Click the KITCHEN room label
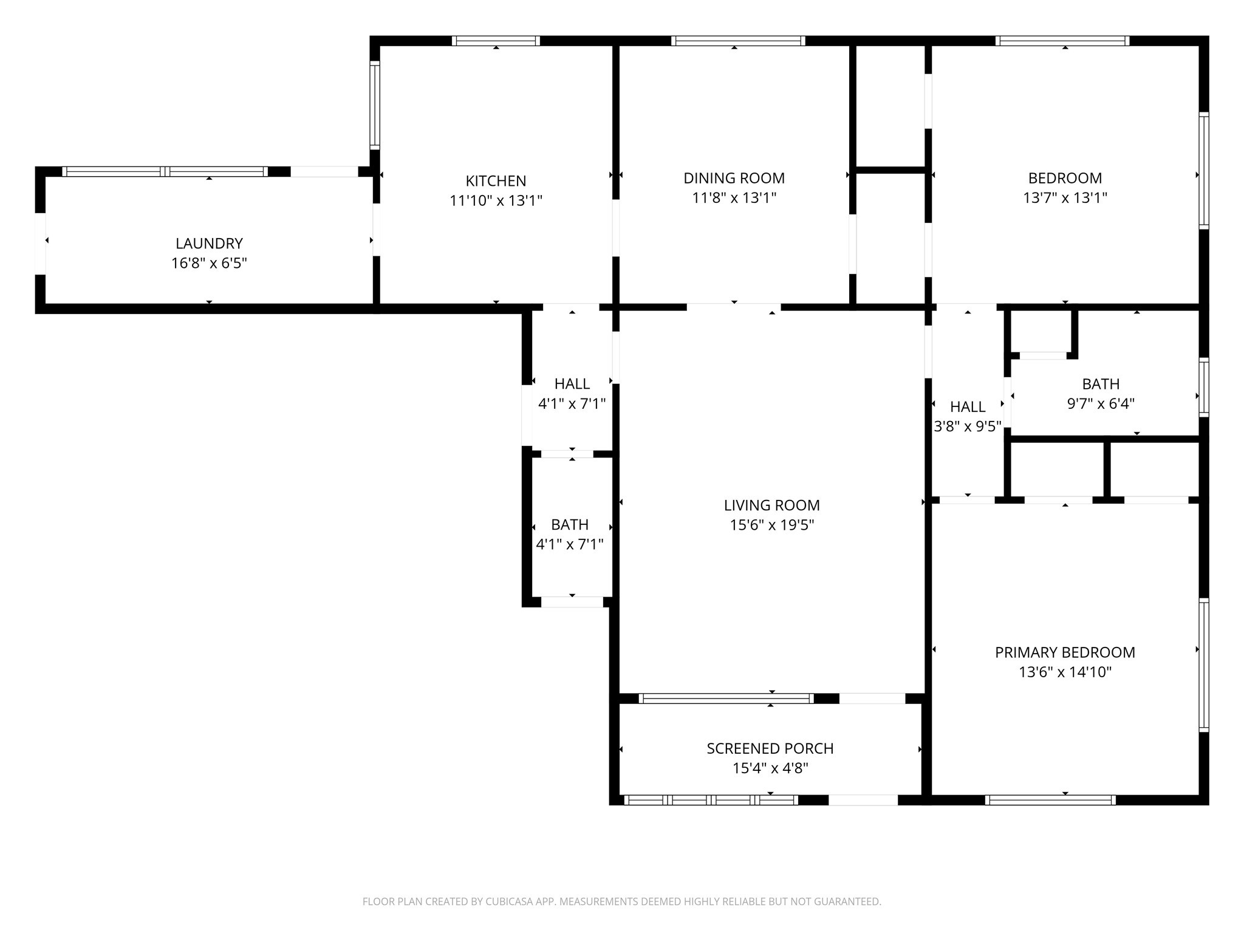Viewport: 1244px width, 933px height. (x=496, y=181)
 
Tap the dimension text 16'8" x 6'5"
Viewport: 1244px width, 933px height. (x=209, y=263)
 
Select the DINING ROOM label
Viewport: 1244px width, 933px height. (x=734, y=178)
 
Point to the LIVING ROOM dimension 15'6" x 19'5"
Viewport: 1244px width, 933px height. (x=771, y=525)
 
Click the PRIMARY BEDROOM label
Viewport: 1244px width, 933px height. (x=1064, y=652)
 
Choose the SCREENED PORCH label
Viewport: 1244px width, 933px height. (x=770, y=748)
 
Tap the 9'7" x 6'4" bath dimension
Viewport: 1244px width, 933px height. (x=1100, y=404)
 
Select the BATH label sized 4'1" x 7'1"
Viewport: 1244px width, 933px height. (x=569, y=524)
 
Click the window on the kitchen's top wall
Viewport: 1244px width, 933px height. (x=496, y=41)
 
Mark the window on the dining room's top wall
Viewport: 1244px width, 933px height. (x=737, y=41)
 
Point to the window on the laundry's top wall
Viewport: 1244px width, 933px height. (x=165, y=172)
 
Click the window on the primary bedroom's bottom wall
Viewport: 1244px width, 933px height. (x=1049, y=800)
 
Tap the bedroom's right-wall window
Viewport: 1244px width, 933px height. (x=1203, y=170)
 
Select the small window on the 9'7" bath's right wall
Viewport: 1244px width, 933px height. (x=1203, y=388)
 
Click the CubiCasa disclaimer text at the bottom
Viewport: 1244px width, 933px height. (x=621, y=901)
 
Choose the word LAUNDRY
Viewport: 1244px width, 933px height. (x=209, y=244)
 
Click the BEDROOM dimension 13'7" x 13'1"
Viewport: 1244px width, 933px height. (x=1064, y=198)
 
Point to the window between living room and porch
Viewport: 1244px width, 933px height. (x=726, y=699)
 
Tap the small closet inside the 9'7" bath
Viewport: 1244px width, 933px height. (x=1042, y=332)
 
